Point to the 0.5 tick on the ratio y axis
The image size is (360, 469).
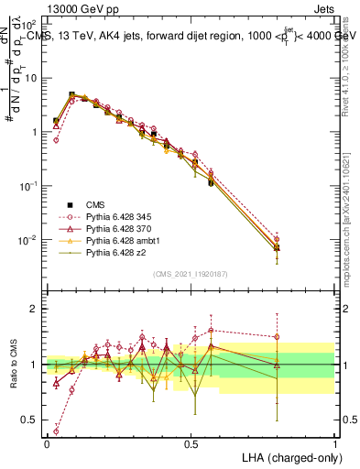coord(28,420)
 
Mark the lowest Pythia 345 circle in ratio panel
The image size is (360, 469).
coord(57,431)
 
